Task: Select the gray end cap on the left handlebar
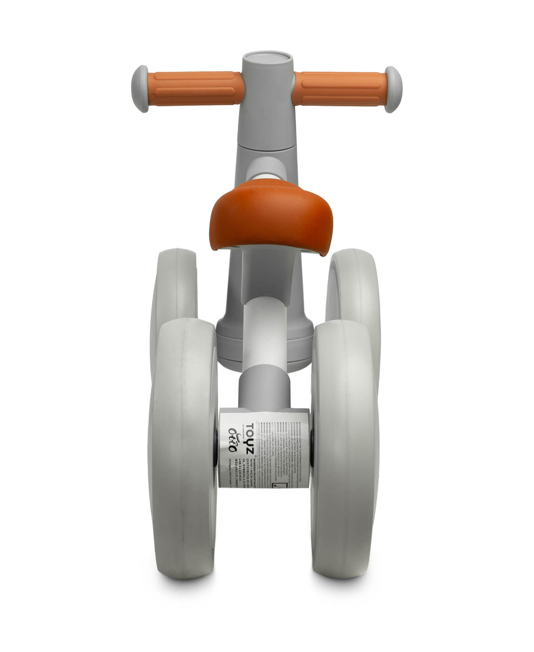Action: point(140,82)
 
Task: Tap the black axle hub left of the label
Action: point(216,447)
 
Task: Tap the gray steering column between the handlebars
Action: point(267,109)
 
